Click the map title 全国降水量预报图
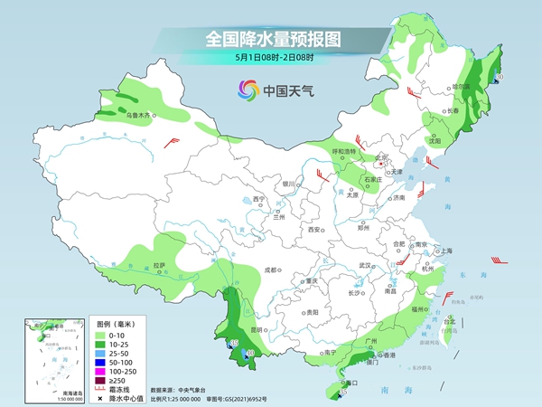[270, 38]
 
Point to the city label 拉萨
[159, 265]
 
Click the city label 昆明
[259, 330]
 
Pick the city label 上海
[444, 251]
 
